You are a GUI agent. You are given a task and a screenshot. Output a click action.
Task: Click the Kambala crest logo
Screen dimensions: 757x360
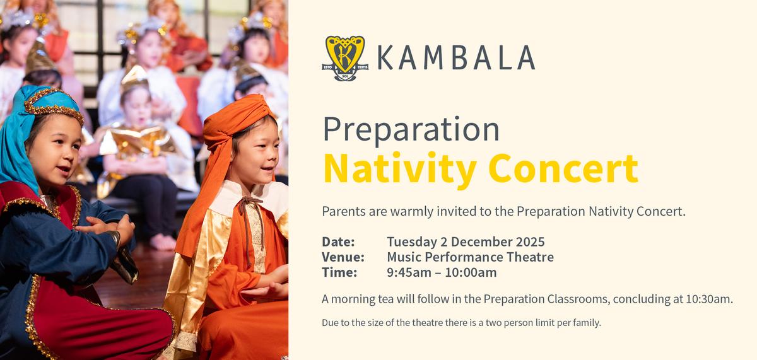point(345,58)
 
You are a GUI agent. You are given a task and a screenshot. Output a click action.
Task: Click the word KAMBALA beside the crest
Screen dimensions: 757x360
point(456,58)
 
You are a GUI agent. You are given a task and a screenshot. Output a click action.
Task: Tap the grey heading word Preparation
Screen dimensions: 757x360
point(411,131)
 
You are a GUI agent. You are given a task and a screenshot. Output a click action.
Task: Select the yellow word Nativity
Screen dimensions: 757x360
point(400,170)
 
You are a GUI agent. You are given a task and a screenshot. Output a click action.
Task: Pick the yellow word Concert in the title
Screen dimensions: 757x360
point(563,168)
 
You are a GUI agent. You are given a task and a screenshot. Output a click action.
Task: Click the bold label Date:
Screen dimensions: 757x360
point(338,242)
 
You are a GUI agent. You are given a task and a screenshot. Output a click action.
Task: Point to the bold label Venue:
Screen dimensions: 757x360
point(343,257)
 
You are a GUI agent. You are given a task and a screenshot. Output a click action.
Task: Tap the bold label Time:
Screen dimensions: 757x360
point(339,272)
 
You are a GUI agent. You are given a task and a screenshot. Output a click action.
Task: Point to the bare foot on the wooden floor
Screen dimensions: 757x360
point(163,242)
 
